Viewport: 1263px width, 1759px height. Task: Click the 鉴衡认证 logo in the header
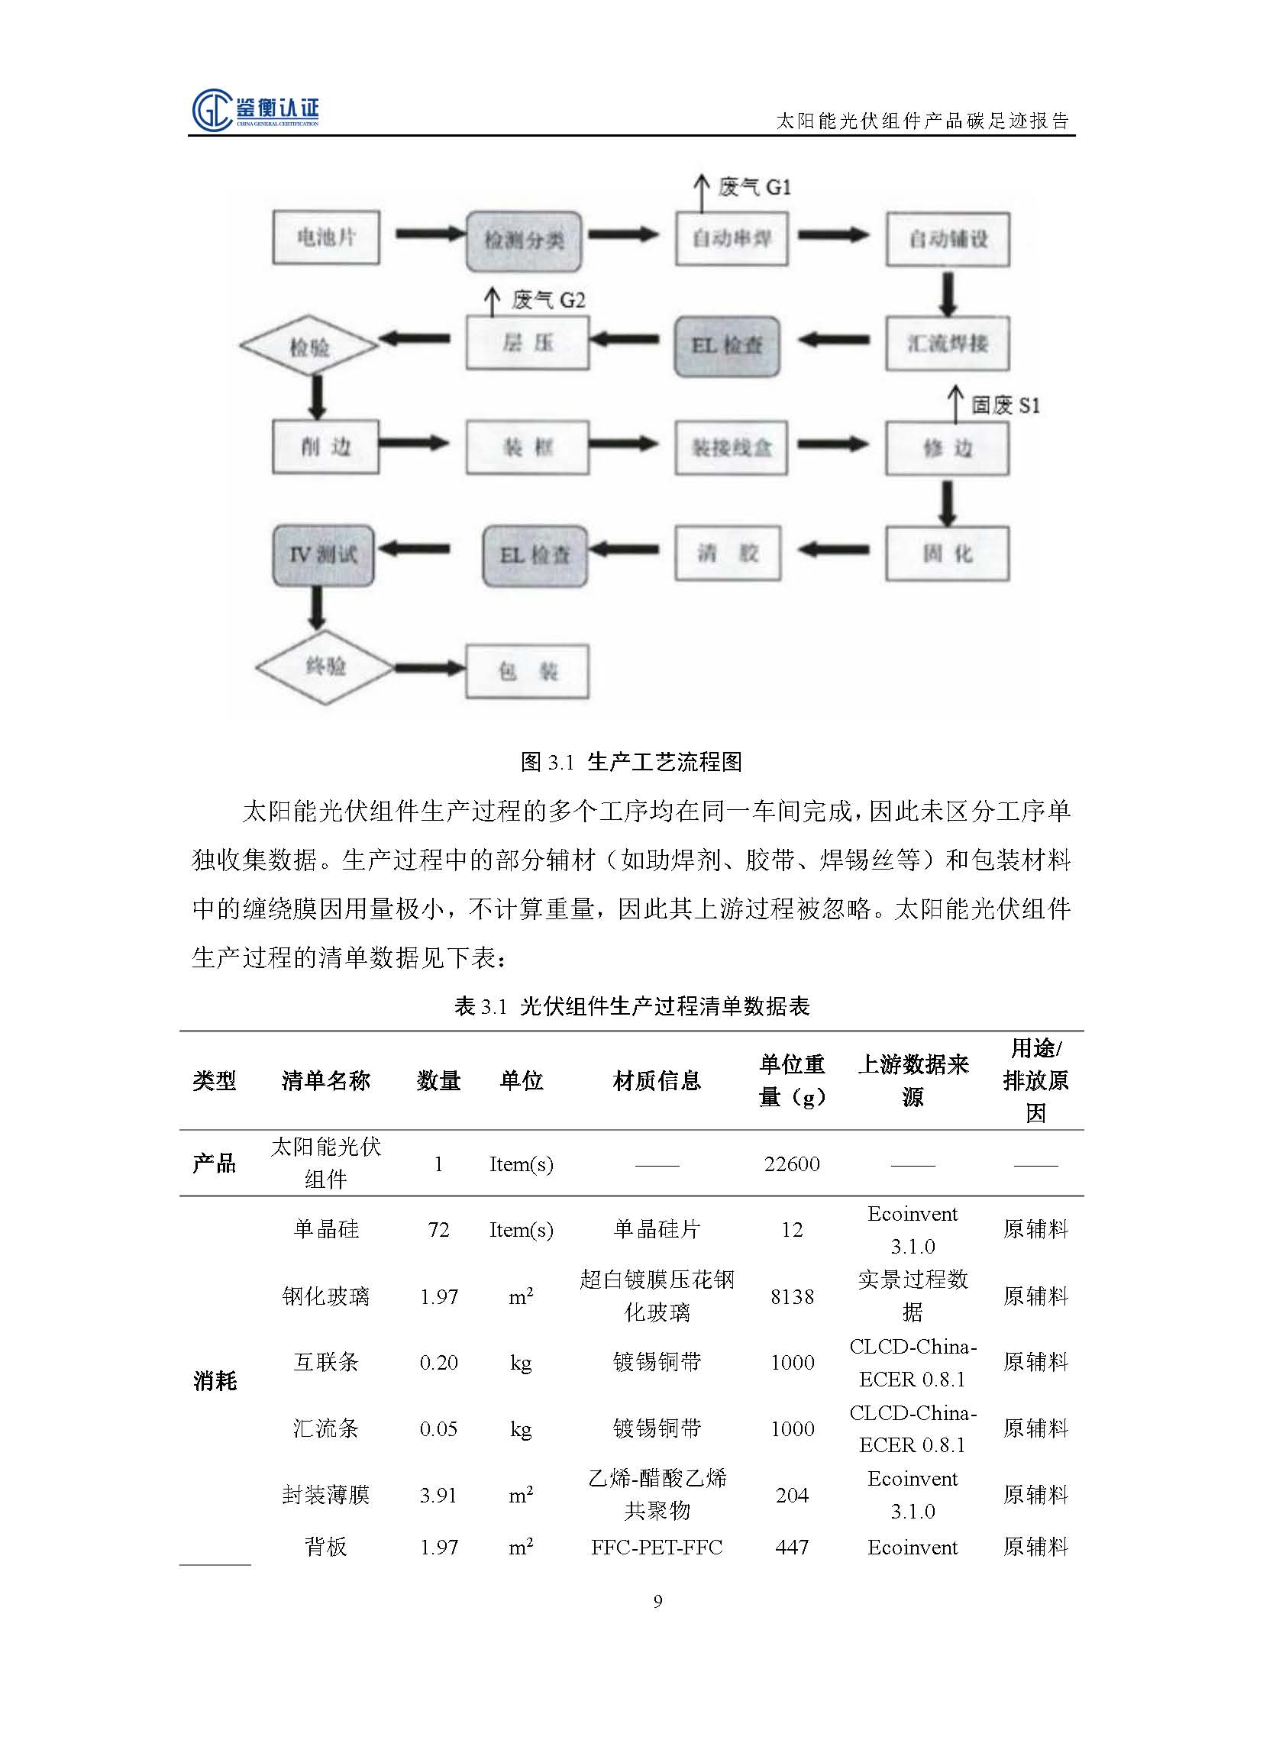point(255,110)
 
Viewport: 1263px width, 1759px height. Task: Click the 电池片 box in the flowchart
point(326,237)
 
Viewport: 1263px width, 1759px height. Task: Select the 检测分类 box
point(524,240)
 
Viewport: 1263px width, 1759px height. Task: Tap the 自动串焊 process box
point(731,239)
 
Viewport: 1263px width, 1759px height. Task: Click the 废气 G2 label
point(548,300)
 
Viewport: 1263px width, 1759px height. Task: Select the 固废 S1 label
point(1005,405)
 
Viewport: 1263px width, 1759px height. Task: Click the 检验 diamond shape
point(308,346)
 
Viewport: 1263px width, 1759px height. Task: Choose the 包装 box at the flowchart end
point(527,671)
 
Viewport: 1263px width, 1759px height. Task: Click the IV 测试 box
point(323,554)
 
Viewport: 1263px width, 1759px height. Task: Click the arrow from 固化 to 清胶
point(833,550)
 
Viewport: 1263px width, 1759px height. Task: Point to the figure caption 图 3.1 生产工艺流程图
point(631,762)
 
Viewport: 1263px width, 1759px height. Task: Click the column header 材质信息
point(657,1080)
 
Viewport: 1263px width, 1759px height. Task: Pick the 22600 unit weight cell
point(791,1164)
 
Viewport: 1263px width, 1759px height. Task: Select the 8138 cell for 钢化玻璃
point(791,1297)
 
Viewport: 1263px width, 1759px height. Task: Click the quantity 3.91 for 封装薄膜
point(438,1495)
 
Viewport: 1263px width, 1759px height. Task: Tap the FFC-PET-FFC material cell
point(657,1548)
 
